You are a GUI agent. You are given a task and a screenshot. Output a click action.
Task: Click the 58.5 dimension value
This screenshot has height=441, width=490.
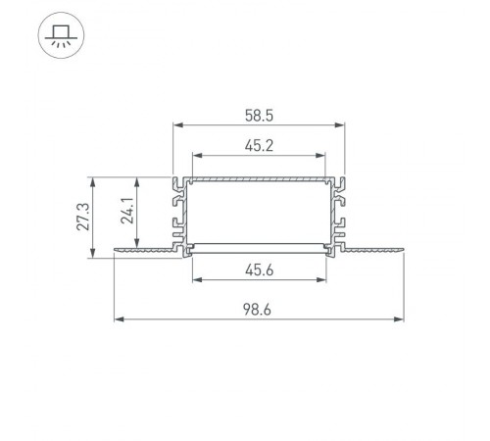260,114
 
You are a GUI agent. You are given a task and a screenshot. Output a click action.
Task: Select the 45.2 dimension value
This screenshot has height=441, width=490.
260,145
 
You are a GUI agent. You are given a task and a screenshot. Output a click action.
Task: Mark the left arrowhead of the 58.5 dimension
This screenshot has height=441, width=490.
177,124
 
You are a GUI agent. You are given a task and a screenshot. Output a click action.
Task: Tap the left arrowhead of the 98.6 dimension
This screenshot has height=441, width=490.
119,318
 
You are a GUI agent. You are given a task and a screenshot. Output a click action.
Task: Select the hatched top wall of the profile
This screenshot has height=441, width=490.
260,180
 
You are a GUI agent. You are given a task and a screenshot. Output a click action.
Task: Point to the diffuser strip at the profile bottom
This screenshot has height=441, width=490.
260,246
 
